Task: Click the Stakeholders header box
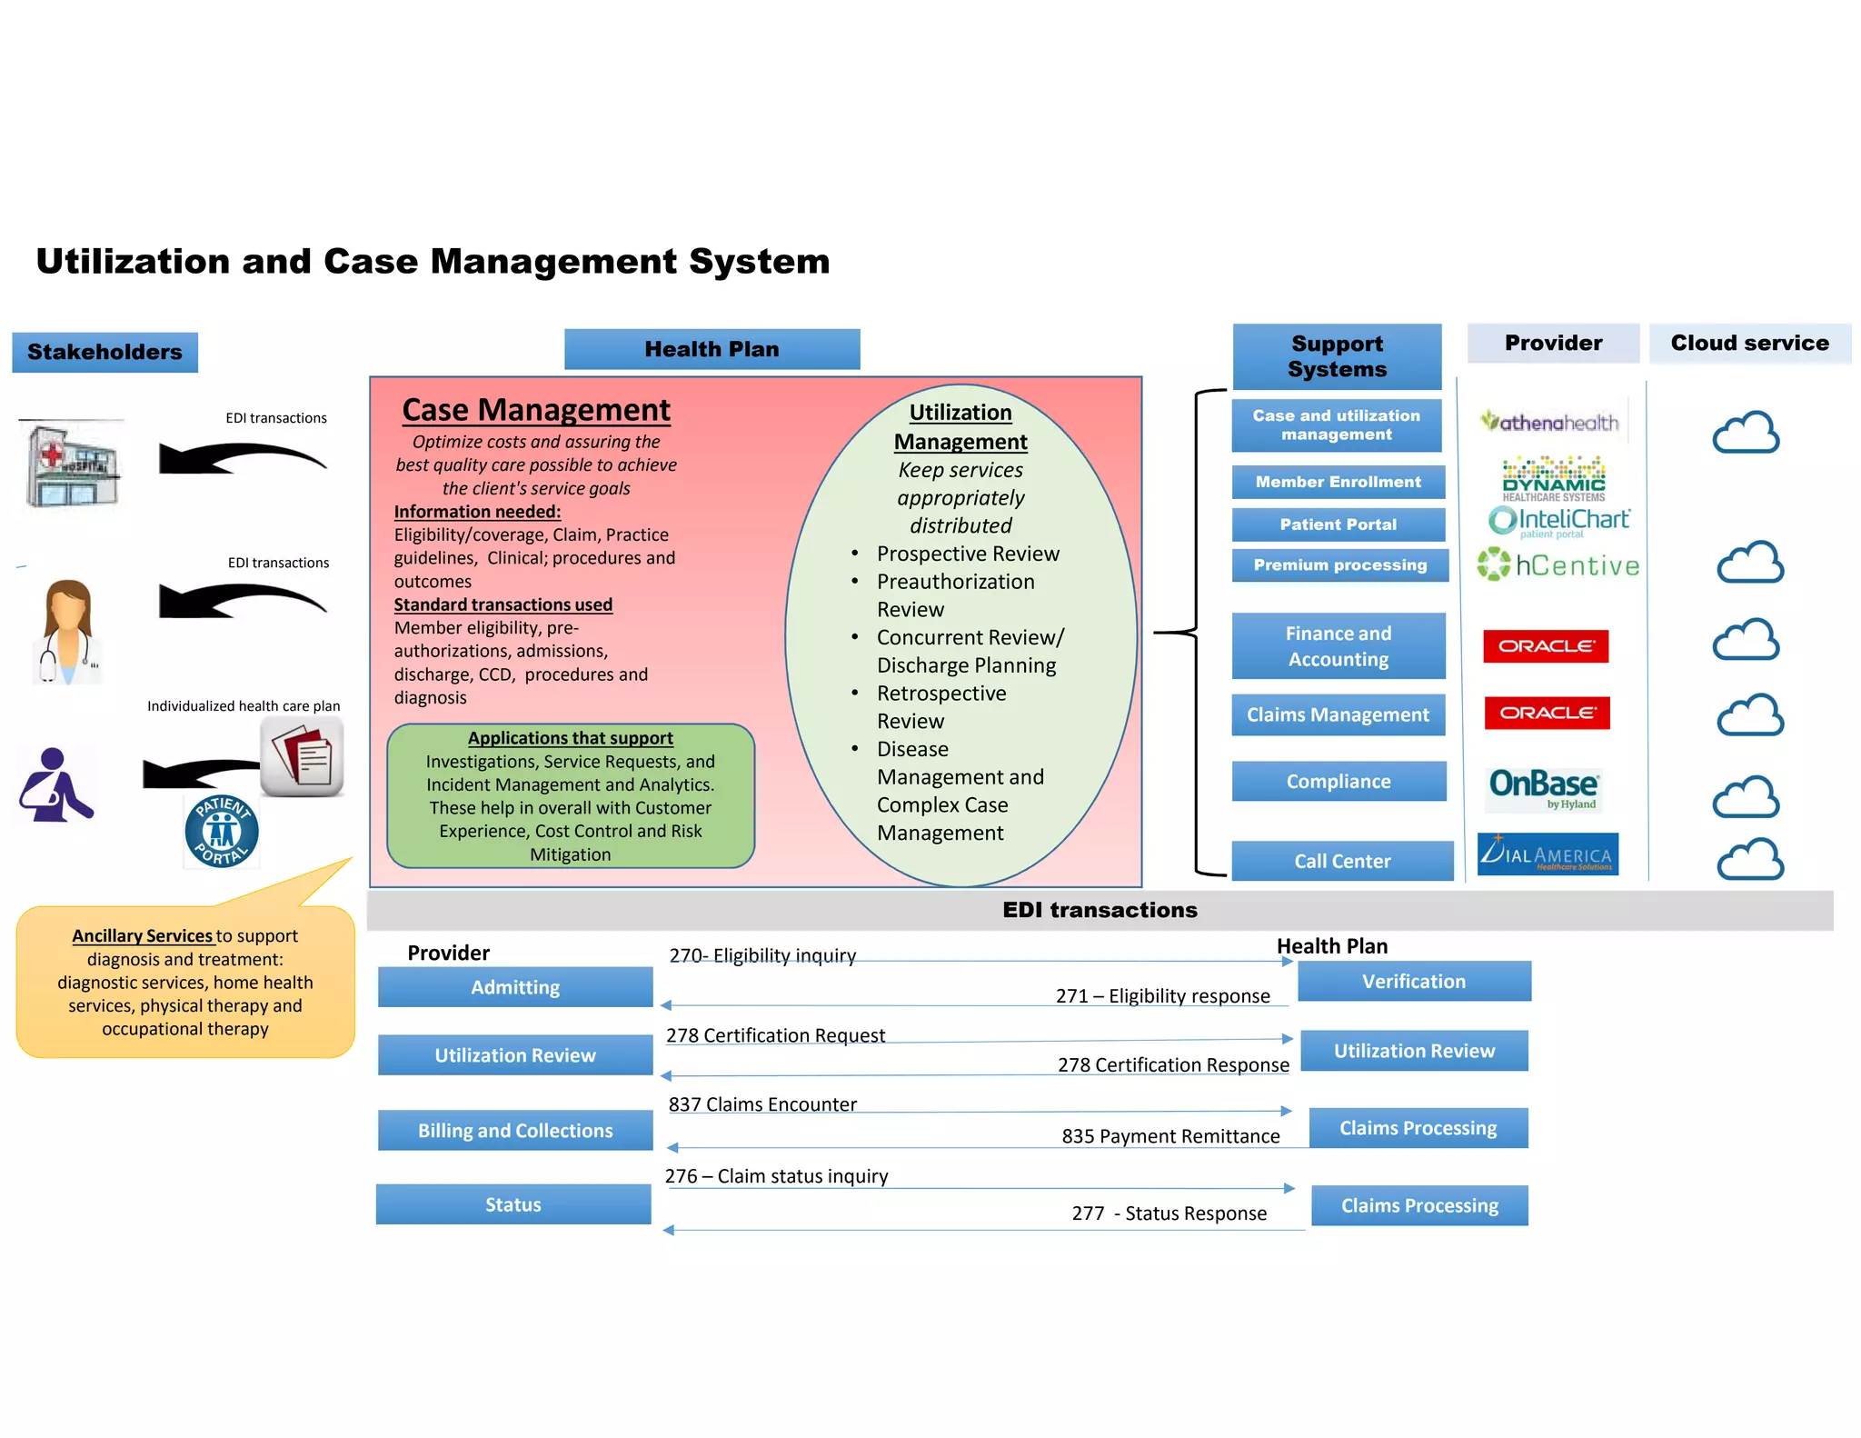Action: click(104, 352)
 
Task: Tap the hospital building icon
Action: click(72, 464)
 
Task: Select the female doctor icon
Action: click(68, 631)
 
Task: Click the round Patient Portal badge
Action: click(221, 831)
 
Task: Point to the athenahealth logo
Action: click(1550, 422)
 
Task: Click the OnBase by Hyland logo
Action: click(1544, 787)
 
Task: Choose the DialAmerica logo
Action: click(1547, 854)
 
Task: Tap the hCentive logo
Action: click(1558, 565)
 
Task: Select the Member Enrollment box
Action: click(1338, 482)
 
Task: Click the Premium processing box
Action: click(1339, 564)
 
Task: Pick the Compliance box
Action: click(1338, 781)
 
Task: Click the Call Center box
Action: click(1341, 861)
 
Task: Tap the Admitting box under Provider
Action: click(515, 987)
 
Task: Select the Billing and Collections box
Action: click(515, 1130)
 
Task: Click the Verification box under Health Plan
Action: click(1413, 981)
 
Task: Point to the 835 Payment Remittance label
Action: click(1170, 1135)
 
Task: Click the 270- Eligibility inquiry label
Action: click(762, 955)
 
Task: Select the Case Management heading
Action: click(536, 410)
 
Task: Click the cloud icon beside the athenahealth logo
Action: click(1746, 433)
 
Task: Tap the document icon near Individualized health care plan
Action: click(303, 757)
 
